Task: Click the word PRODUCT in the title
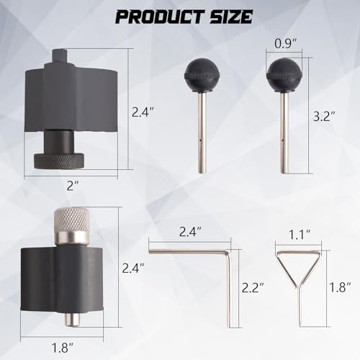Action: tap(160, 17)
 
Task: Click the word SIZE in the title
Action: tap(231, 17)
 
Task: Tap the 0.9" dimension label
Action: tap(286, 43)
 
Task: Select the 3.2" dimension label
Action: tap(324, 116)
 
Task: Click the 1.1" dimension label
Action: tap(300, 235)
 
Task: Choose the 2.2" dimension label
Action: tap(253, 287)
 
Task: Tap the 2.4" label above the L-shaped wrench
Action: tap(190, 232)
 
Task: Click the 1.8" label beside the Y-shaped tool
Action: tap(340, 287)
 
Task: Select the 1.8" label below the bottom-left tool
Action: tap(63, 348)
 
